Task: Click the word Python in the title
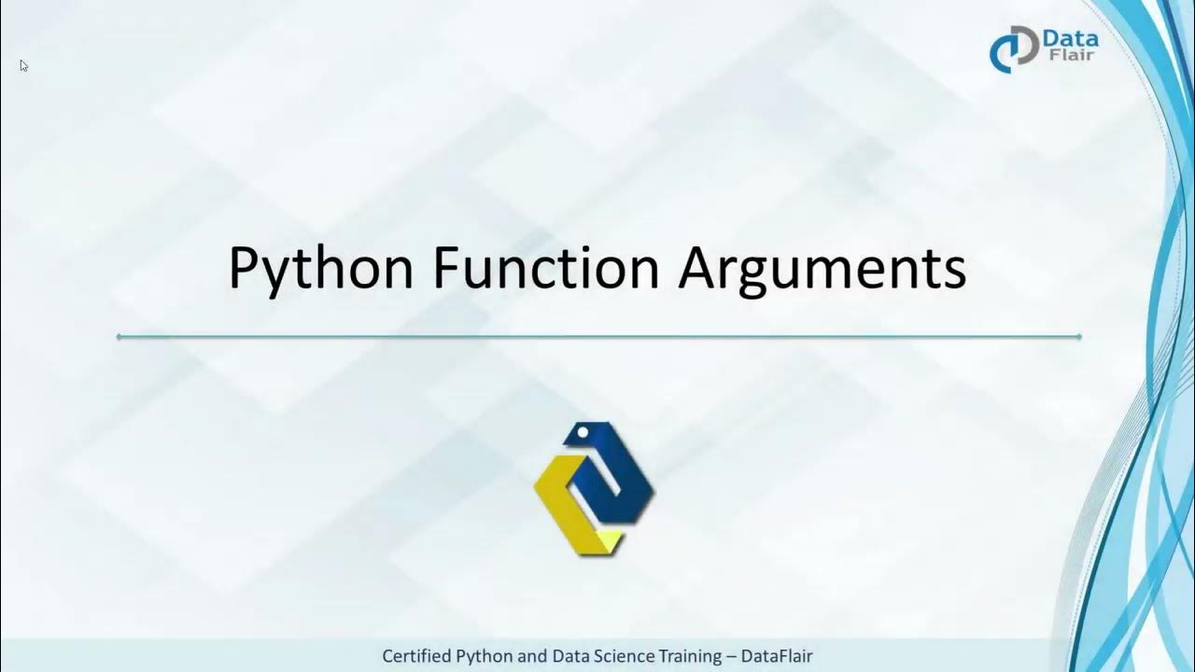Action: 320,269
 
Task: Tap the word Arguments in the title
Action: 822,269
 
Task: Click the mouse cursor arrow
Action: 23,65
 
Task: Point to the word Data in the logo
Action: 1069,40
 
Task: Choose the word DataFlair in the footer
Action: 777,656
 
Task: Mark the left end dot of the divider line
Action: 119,336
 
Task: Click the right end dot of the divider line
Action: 1079,336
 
